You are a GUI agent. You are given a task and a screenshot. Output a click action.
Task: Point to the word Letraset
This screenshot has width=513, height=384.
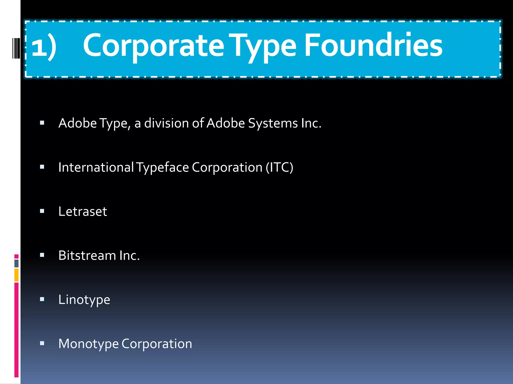83,211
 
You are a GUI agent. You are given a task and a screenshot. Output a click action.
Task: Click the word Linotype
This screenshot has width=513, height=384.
84,300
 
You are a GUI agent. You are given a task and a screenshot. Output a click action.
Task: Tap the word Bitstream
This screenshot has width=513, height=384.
87,255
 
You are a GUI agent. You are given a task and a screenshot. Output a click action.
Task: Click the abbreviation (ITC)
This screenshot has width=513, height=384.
279,167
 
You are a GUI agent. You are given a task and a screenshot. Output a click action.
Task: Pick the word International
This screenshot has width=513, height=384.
96,167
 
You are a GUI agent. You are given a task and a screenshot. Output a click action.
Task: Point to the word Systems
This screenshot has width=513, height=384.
273,123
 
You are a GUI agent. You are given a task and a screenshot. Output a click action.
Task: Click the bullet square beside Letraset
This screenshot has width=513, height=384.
42,211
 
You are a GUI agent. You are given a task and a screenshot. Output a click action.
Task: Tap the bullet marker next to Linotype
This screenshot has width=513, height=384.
42,299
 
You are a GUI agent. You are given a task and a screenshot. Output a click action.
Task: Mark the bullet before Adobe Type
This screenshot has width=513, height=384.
42,123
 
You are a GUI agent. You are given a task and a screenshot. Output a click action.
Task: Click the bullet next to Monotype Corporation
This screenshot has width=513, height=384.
42,343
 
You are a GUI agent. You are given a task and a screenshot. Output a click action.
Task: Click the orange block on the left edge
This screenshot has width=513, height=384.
17,275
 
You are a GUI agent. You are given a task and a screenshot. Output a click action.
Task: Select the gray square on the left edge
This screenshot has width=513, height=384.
17,263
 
